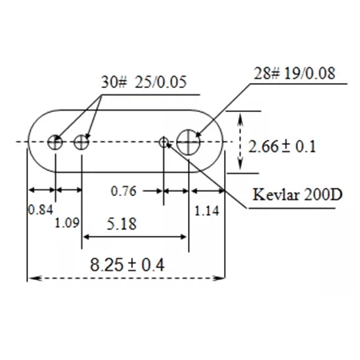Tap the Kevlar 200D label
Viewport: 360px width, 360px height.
(x=292, y=195)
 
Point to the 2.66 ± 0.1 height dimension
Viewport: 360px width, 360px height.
(x=283, y=146)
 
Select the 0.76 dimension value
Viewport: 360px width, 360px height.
(x=122, y=191)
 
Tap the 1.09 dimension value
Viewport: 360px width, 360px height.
(x=67, y=223)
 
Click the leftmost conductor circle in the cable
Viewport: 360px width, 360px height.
(x=55, y=142)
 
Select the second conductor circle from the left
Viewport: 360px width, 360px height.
(x=82, y=142)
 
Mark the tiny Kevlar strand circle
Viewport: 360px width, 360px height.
(x=164, y=142)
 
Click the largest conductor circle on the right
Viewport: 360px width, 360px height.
(x=190, y=142)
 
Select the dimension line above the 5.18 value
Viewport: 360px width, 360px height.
(x=135, y=237)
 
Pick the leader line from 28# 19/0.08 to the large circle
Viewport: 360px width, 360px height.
(x=224, y=105)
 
